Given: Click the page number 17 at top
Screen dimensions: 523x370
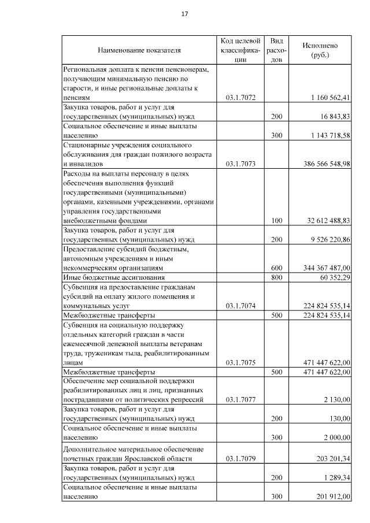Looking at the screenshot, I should coord(184,13).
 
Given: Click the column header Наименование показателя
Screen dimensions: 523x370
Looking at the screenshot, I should coord(139,50).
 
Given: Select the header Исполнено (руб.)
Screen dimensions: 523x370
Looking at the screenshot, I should coord(320,50).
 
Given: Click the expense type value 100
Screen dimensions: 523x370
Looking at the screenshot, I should coord(276,220).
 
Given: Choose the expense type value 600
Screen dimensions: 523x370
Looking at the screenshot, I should coord(276,268).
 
